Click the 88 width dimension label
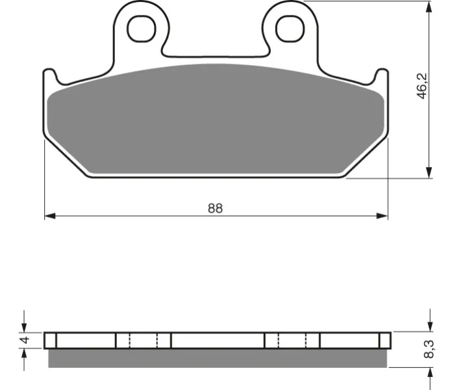point(216,208)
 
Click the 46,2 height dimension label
point(422,86)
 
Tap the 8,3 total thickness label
point(429,349)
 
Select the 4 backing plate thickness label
point(25,339)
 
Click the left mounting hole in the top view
point(142,29)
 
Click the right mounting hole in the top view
point(290,29)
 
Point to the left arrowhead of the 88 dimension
point(50,216)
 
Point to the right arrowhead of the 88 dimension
point(383,216)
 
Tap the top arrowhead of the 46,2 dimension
point(429,7)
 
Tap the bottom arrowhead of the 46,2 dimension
point(429,172)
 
